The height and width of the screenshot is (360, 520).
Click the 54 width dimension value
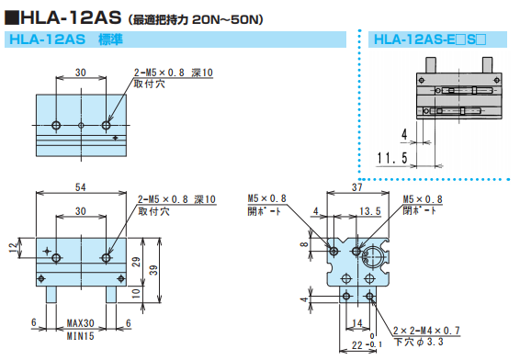pos(81,187)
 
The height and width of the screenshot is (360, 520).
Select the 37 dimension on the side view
pos(357,187)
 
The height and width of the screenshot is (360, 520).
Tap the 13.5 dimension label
pos(370,211)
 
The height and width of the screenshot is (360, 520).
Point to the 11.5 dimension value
pos(391,158)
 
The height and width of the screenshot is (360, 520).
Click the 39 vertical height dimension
pos(153,270)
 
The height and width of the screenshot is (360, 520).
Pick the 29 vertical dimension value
pos(137,262)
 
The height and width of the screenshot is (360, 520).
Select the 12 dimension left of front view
pos(13,247)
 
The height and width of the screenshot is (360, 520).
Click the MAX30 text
pos(81,323)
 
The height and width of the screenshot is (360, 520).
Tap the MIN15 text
pos(81,336)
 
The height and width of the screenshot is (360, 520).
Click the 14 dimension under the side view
pos(357,323)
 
